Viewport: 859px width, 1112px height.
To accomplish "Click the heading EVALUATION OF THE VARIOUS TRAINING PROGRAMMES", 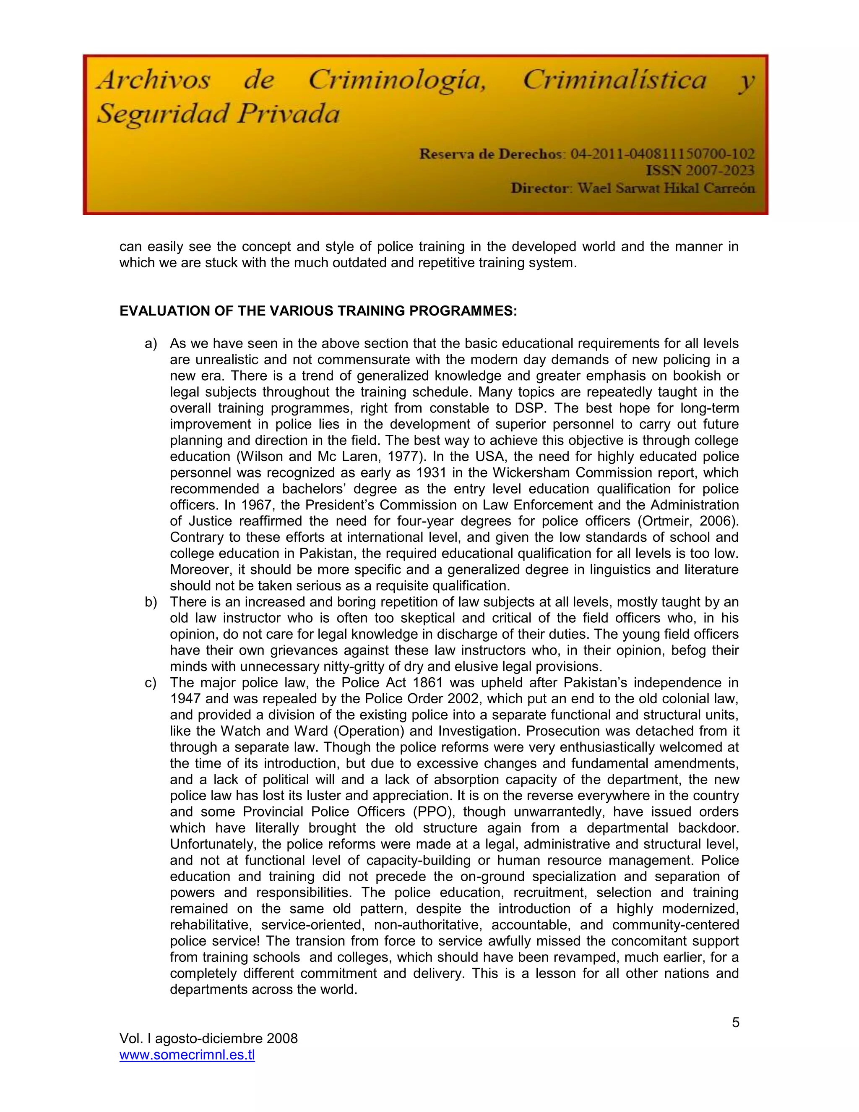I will coord(318,311).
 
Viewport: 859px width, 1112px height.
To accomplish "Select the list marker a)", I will coord(151,344).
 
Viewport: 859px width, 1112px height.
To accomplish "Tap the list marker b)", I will coord(151,602).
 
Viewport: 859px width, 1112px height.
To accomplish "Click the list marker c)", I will coord(151,683).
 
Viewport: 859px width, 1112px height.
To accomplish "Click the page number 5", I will coord(735,1022).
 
